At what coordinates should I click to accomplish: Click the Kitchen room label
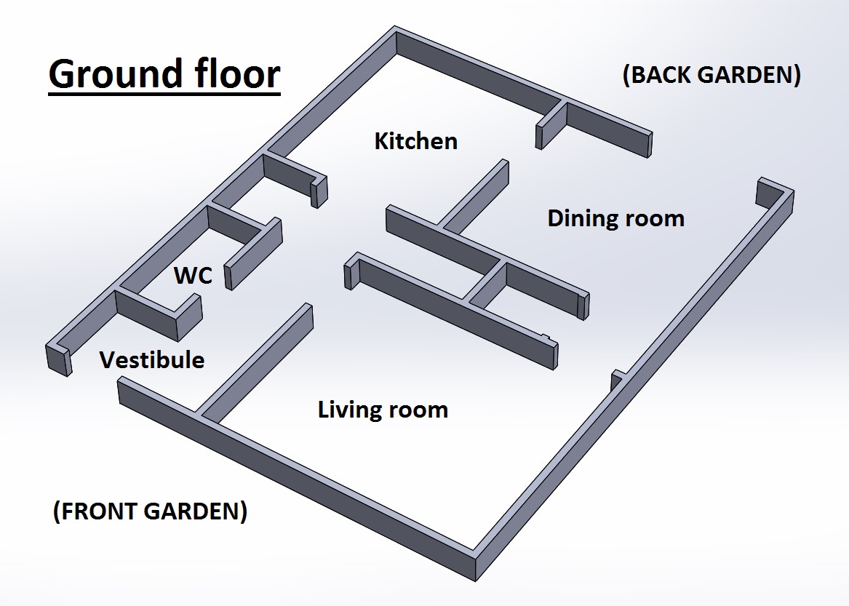[x=415, y=141]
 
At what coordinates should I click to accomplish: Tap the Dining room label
[x=615, y=218]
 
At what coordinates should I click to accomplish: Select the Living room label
[x=383, y=410]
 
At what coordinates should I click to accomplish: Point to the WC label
[x=193, y=276]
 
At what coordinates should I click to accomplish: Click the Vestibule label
[x=152, y=360]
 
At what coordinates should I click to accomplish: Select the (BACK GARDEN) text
[x=712, y=76]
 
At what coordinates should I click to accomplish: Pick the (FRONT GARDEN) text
[x=150, y=511]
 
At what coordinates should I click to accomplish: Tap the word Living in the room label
[x=350, y=410]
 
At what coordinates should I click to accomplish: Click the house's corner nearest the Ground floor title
[x=396, y=33]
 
